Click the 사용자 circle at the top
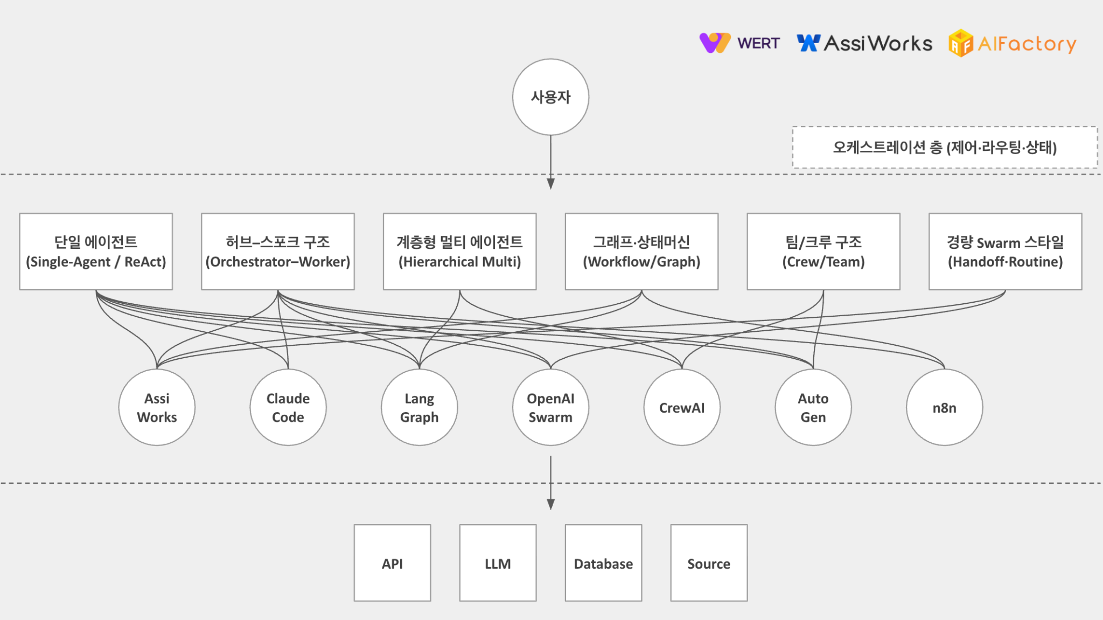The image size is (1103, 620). tap(550, 97)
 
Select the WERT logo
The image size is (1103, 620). tap(739, 43)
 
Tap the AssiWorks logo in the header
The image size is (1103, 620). tap(864, 43)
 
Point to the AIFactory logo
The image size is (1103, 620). tap(1013, 43)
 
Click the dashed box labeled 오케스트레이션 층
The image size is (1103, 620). tap(945, 147)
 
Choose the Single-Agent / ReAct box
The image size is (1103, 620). tap(96, 252)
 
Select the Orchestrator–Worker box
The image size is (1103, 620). tap(278, 252)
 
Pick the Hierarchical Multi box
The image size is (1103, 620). tap(459, 252)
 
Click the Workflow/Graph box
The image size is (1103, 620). tap(641, 252)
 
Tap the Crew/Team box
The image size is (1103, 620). tap(823, 252)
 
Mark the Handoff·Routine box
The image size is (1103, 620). tap(1005, 252)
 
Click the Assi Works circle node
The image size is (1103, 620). tap(157, 407)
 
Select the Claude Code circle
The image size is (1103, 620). tap(288, 407)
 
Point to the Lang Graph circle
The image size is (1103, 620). tap(419, 407)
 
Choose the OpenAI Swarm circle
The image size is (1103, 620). tap(550, 407)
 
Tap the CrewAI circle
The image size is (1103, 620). tap(682, 407)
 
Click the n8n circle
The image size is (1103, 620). tap(944, 407)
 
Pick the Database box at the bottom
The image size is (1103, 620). tap(603, 563)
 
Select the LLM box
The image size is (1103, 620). tap(498, 563)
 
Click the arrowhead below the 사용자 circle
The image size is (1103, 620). tap(550, 184)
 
